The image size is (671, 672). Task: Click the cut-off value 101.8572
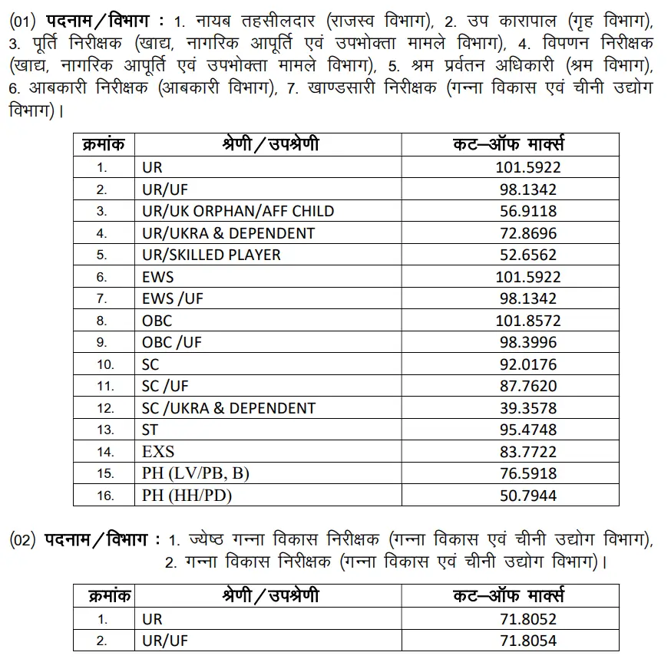[530, 321]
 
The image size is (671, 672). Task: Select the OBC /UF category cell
[171, 342]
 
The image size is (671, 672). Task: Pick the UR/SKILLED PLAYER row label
[211, 255]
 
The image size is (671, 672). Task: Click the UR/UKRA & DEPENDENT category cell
[228, 233]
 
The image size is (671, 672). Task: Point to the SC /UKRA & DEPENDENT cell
[228, 408]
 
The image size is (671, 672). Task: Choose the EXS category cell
[158, 452]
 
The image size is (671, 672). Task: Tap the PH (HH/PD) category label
[187, 496]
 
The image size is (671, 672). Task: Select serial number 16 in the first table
[105, 496]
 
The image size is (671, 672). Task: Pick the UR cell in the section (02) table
[152, 619]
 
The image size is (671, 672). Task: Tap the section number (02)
[22, 540]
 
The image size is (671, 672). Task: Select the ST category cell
[150, 430]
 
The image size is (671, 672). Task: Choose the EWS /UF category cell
[172, 298]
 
